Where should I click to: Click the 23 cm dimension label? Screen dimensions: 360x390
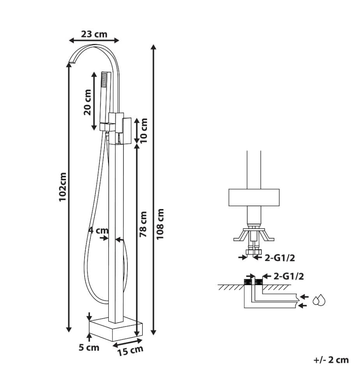click(94, 34)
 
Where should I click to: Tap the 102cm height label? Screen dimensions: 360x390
click(63, 187)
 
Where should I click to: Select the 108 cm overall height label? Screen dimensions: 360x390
click(160, 224)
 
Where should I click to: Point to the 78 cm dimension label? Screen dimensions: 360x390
click(143, 224)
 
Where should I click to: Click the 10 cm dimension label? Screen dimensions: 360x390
click(144, 130)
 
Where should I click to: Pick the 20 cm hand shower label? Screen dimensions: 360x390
click(87, 102)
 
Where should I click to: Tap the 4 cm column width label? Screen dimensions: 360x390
click(99, 230)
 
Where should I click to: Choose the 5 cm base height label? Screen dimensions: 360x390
click(89, 347)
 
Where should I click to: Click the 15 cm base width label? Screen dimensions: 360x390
click(130, 351)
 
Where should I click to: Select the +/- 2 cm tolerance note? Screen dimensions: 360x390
click(331, 360)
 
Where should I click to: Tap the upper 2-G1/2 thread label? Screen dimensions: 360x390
click(279, 258)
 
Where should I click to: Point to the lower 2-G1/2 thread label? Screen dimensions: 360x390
click(288, 276)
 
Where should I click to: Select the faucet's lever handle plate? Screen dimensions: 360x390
click(127, 131)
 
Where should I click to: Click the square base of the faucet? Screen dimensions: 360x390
click(116, 329)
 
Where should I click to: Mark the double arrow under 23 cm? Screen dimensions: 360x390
click(94, 40)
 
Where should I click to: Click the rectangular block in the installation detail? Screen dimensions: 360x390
click(254, 197)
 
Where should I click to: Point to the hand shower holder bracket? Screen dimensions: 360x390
click(105, 127)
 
